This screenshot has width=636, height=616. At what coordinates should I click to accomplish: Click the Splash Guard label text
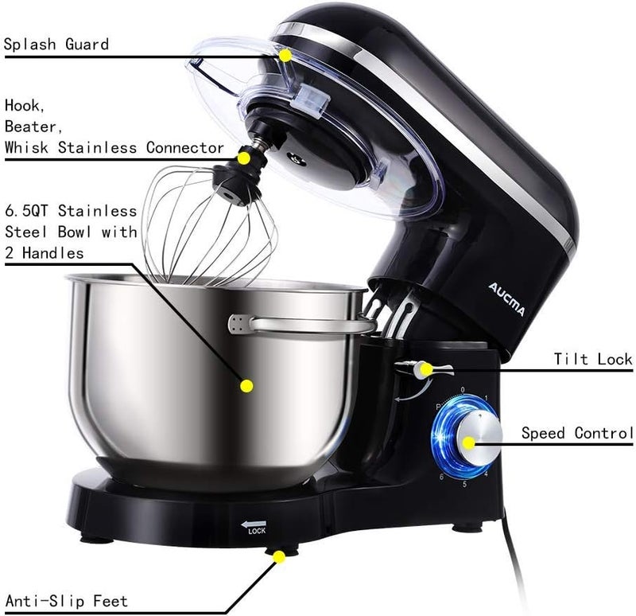tap(56, 44)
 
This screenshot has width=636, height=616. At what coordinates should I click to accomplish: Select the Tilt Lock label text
tap(593, 360)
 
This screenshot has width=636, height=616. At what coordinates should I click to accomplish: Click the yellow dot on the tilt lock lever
tap(427, 368)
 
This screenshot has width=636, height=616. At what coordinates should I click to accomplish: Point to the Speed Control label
tap(577, 433)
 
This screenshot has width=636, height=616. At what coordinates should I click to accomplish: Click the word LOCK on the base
tap(256, 531)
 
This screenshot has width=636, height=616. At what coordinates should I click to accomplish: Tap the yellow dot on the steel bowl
tap(246, 386)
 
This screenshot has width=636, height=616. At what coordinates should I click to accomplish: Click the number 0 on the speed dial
tap(462, 390)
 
